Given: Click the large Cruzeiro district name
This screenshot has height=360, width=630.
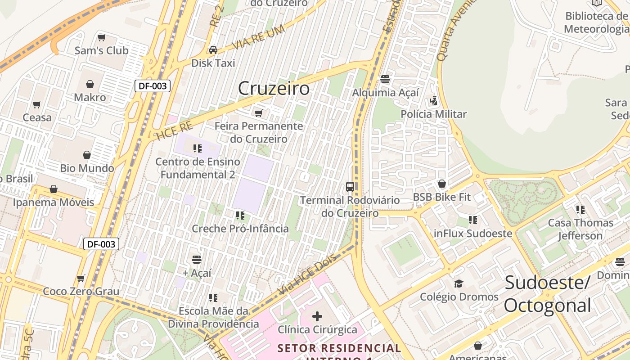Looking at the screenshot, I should tap(274, 88).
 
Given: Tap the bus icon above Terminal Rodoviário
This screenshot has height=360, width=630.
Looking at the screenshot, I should tap(350, 186).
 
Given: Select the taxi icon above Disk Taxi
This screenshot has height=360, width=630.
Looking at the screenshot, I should tap(213, 49).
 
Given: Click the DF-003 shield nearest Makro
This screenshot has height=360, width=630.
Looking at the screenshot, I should tap(153, 86).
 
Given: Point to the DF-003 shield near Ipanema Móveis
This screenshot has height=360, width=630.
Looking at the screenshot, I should tap(101, 244).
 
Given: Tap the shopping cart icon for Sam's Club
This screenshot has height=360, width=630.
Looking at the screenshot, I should tap(102, 37).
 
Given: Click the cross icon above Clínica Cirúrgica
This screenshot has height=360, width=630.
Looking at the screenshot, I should tap(317, 316).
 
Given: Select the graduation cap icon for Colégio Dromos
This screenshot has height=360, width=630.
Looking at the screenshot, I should tap(459, 283).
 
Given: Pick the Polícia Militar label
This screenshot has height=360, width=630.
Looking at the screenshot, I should tap(434, 114).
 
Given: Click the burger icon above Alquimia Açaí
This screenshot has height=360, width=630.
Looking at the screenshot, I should tap(385, 80).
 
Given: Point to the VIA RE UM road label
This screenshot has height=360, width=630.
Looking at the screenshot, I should tap(258, 38).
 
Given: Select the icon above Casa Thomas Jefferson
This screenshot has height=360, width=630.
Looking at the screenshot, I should tap(580, 209).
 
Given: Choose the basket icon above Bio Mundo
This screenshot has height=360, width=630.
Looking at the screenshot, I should tap(87, 155).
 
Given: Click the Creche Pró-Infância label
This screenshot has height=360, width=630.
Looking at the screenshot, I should tap(240, 229).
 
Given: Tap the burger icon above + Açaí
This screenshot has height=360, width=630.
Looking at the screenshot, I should tap(197, 259).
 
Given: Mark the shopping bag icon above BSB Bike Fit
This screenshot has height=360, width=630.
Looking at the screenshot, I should tap(441, 184).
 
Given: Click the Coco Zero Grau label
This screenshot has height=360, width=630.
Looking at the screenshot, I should tap(81, 291).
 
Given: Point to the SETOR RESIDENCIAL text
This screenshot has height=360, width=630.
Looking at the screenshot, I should tap(339, 348).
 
